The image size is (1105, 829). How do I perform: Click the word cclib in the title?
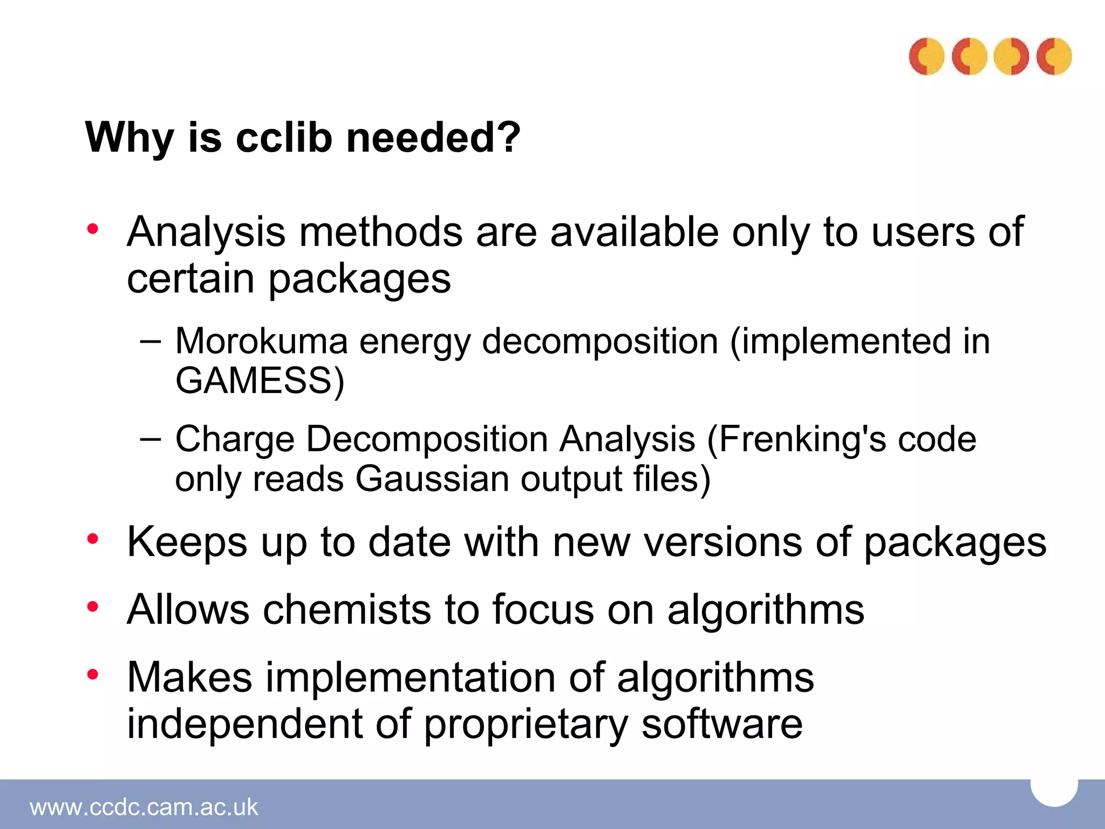coord(284,138)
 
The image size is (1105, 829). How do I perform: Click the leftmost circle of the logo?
coord(926,56)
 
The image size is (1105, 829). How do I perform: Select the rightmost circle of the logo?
coord(1054,56)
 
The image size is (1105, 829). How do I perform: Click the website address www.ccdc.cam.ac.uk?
coord(144,807)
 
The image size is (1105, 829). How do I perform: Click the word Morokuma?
coord(262,342)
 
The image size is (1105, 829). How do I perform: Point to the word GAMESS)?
coord(260,381)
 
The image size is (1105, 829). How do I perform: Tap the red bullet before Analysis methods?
coord(93,229)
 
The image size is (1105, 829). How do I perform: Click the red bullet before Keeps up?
coord(93,539)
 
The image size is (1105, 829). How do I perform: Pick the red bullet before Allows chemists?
coord(93,607)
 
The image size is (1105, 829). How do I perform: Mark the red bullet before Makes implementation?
coord(93,674)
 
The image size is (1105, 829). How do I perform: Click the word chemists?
coord(347,610)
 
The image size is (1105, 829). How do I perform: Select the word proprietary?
coord(526,725)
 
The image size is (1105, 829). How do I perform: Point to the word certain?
coord(190,279)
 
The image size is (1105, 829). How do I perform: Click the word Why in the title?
coord(129,138)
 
